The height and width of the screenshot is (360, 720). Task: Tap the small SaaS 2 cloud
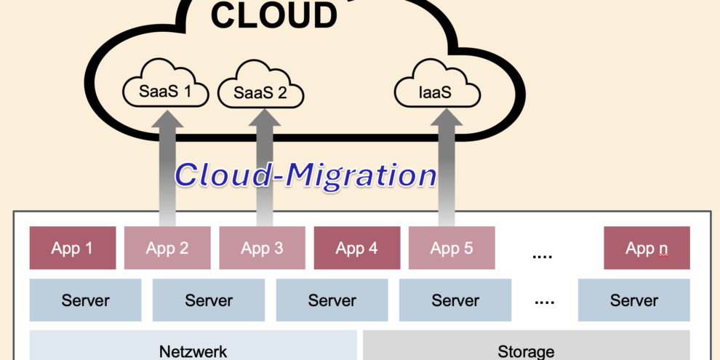click(260, 93)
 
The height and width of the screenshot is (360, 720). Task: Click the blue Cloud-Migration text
click(305, 175)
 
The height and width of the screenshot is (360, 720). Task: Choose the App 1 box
click(72, 248)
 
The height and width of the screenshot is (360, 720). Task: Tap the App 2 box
click(167, 248)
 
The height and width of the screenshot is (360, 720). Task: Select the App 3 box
click(262, 248)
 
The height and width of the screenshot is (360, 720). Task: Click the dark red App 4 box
click(356, 248)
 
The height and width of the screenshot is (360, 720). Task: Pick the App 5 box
click(452, 248)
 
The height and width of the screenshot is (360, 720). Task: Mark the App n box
click(647, 248)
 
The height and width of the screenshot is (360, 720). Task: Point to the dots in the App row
click(543, 255)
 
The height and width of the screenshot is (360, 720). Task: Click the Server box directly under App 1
click(85, 300)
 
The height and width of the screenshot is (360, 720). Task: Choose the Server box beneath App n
click(633, 300)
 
